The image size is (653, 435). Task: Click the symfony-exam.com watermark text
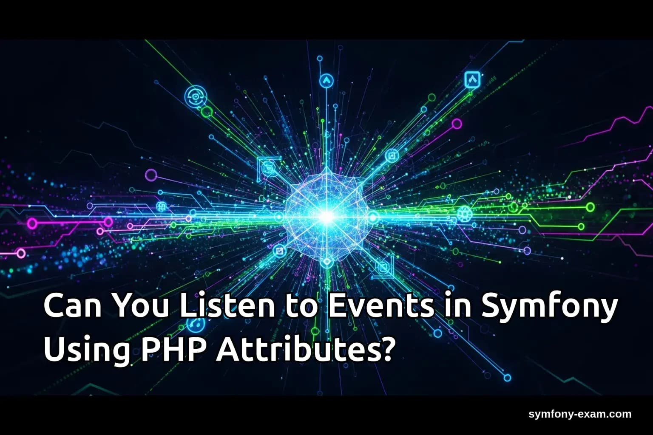(580, 414)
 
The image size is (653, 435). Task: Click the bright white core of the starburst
(326, 217)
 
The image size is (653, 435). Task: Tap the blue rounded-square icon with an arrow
(472, 79)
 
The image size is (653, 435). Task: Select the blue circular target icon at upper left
(195, 97)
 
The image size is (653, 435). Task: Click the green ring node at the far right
(590, 207)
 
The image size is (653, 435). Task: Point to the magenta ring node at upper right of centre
(456, 124)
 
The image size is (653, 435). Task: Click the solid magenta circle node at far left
(32, 223)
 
